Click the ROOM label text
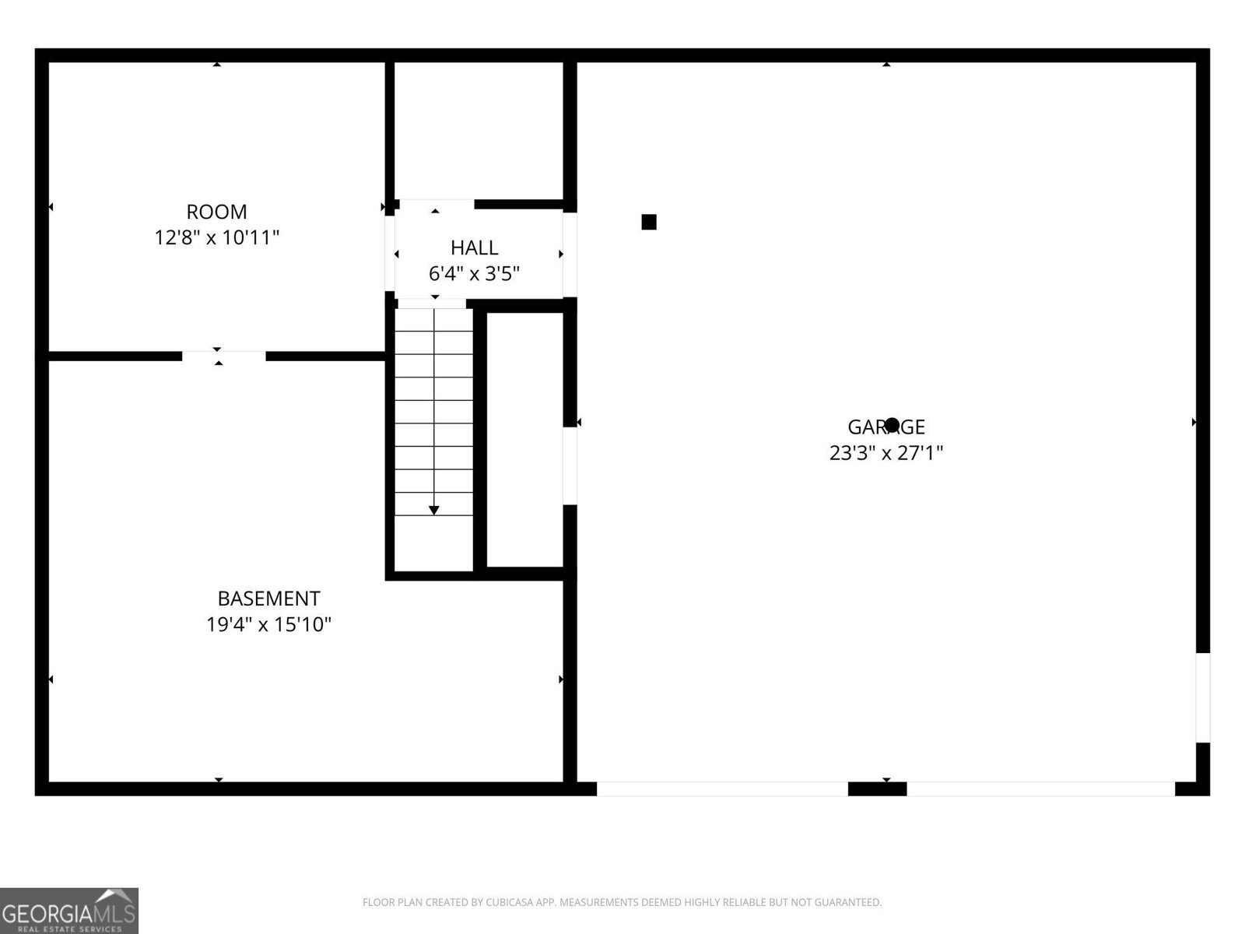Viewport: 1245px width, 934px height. point(216,212)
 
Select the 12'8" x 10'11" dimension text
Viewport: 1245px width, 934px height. point(216,237)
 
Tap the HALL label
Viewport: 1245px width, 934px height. point(474,248)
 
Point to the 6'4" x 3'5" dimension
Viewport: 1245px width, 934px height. point(474,274)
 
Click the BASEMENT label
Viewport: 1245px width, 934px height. point(268,599)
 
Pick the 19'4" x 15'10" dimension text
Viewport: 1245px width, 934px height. point(268,624)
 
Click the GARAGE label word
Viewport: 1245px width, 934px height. point(886,427)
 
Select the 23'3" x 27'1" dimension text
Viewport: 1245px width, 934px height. point(886,453)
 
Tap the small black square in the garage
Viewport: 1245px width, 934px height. point(649,222)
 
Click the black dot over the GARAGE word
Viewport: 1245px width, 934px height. point(893,424)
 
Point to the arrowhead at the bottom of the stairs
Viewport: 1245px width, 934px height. point(434,510)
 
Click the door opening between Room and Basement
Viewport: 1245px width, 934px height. point(224,356)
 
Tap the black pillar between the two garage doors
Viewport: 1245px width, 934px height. point(877,788)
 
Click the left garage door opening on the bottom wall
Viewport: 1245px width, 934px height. point(722,788)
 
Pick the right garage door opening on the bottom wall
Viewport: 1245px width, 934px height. point(1040,788)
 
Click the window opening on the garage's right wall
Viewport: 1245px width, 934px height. point(1203,697)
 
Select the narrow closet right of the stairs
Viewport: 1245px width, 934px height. point(525,440)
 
